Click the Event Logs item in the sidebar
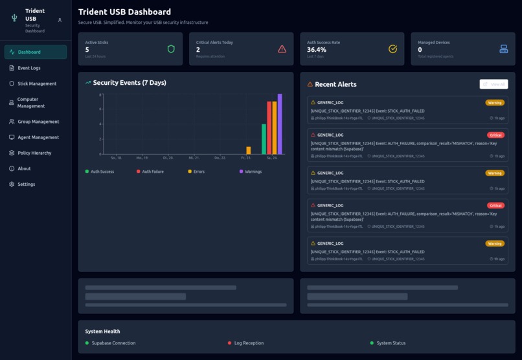(28, 68)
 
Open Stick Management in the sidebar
(36, 84)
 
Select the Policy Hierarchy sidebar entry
(34, 153)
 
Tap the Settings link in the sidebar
(26, 185)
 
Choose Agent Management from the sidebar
(38, 137)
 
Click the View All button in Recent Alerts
(494, 84)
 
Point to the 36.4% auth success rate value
(317, 50)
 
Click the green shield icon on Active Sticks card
(171, 49)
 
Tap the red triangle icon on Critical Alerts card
(282, 49)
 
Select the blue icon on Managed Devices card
(504, 49)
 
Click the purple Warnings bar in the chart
(280, 124)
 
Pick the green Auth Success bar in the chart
(264, 139)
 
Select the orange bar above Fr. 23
(248, 150)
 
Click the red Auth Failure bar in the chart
(269, 128)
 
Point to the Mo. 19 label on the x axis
(142, 158)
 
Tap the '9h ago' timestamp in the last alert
(498, 259)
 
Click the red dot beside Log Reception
(229, 343)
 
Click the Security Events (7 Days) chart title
(129, 83)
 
